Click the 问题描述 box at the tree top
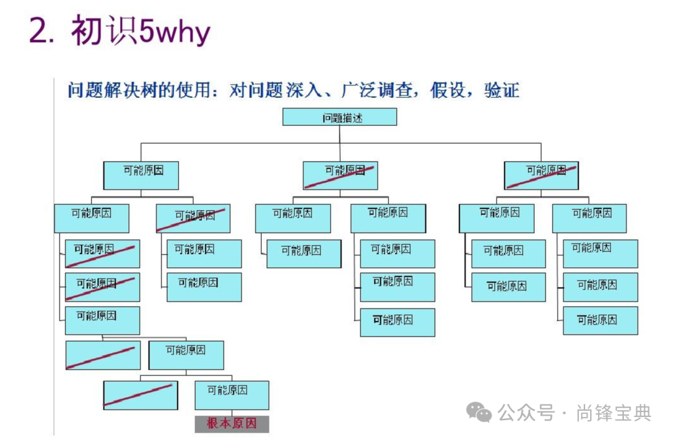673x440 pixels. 340,117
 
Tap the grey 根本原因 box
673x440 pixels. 232,424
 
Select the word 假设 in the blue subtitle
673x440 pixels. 448,90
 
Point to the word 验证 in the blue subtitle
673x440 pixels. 502,90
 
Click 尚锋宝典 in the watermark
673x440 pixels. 613,413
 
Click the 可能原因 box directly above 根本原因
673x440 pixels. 232,395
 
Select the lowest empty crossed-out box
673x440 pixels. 140,395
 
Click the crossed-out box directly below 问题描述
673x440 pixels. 340,175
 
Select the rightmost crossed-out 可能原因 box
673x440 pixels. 541,175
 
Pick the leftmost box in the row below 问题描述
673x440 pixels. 141,175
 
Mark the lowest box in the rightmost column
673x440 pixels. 600,320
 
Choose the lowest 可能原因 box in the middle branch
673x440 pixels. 397,322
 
